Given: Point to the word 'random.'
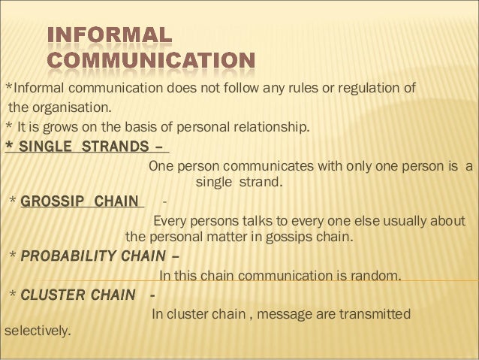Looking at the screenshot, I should pos(376,276).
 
